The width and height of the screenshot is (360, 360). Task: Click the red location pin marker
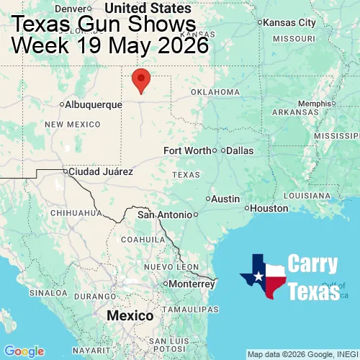click(142, 80)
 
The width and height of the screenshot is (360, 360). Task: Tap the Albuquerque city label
click(94, 104)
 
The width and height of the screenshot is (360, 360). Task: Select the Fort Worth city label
click(187, 150)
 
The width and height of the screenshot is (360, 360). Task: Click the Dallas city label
click(240, 150)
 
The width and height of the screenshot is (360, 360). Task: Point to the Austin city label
click(225, 198)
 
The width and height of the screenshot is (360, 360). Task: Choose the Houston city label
click(270, 208)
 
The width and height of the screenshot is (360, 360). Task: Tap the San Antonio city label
click(165, 215)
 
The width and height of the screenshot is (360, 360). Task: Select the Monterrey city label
click(192, 284)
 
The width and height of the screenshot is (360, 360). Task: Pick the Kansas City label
click(289, 23)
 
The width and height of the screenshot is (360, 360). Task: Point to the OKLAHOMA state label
click(215, 92)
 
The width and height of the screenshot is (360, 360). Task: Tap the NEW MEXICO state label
click(73, 125)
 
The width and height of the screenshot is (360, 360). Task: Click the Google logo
click(24, 351)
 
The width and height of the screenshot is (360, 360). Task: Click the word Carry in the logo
click(312, 264)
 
